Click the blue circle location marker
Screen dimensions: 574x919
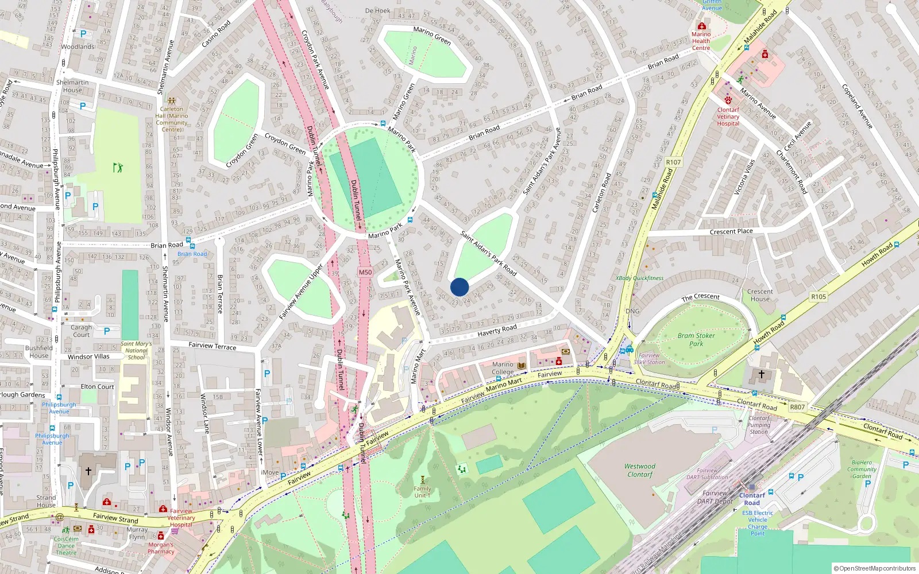459,287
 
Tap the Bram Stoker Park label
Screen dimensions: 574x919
696,340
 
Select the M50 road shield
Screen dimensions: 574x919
365,272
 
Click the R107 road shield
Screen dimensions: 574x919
673,162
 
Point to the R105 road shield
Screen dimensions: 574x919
818,297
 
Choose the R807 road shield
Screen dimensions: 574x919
797,407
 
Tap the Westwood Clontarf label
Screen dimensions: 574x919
640,471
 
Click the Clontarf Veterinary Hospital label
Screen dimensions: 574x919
728,117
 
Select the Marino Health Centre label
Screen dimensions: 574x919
701,41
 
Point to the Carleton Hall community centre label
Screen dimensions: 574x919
172,119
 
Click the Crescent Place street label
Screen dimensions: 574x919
731,231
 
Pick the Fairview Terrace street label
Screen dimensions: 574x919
213,346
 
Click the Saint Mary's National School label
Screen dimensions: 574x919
136,350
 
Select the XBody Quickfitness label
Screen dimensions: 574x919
639,278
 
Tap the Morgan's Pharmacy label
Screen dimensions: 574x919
161,548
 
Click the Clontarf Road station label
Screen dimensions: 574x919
752,499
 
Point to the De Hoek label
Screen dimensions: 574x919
377,10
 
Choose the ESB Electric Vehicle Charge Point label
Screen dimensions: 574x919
758,523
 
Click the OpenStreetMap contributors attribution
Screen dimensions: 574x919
874,568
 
